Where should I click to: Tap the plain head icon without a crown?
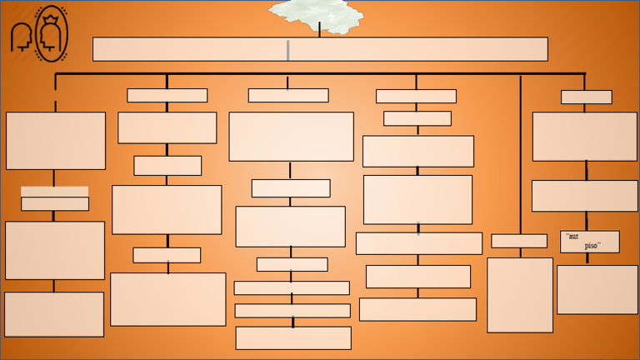(x=20, y=37)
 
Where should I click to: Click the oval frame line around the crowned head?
(x=37, y=33)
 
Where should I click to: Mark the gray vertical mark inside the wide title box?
(x=287, y=50)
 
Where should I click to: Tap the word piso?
(x=592, y=246)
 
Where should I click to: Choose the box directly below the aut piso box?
(x=597, y=289)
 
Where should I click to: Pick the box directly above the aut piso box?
(x=584, y=196)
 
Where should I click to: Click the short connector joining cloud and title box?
(x=319, y=30)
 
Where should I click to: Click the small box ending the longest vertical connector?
(x=518, y=241)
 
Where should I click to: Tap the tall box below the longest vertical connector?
(x=519, y=294)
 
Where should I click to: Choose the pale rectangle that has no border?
(x=54, y=191)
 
